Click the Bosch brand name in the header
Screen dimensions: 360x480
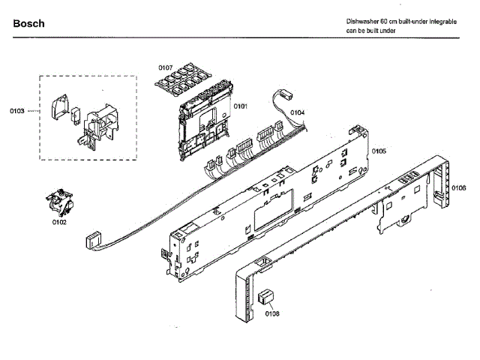click(x=29, y=24)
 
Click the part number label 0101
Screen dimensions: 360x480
click(x=240, y=106)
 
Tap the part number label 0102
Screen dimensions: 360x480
click(x=59, y=222)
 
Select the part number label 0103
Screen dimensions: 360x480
click(x=17, y=111)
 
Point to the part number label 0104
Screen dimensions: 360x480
click(x=298, y=112)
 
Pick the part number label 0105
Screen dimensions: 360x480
click(x=379, y=151)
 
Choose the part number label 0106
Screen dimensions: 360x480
click(x=459, y=187)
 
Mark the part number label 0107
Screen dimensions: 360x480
click(x=165, y=68)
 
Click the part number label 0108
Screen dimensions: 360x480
click(x=271, y=313)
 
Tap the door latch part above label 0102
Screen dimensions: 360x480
click(x=60, y=203)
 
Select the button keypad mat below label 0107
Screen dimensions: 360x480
click(x=186, y=81)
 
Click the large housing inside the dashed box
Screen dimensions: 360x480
click(x=97, y=124)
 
